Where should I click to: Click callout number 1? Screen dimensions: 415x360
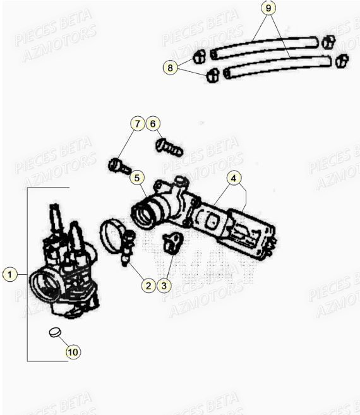[x=9, y=275]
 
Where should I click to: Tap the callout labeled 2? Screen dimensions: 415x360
[x=148, y=286]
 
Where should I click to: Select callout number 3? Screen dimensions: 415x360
[x=164, y=286]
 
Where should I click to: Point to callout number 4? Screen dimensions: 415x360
[x=234, y=179]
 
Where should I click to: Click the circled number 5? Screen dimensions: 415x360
[x=137, y=178]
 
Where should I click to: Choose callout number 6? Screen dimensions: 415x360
[x=153, y=124]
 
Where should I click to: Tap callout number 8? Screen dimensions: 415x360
[x=169, y=66]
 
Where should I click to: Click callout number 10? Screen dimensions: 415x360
[x=73, y=352]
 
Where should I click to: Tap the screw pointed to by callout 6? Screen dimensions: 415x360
[x=168, y=148]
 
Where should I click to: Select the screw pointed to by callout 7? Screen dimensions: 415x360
[x=119, y=167]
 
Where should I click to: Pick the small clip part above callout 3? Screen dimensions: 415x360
[x=171, y=241]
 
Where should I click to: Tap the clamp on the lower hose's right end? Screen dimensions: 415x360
[x=341, y=61]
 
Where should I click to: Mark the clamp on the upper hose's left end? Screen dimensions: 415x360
[x=199, y=56]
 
